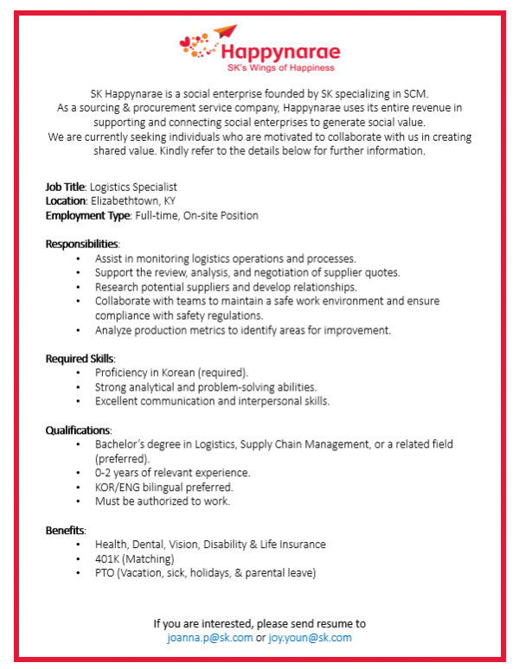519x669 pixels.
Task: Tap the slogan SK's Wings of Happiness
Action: click(x=279, y=67)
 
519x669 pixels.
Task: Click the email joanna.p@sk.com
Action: click(x=210, y=638)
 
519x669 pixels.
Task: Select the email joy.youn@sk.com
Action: click(x=310, y=638)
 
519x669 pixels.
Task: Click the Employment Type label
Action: click(x=87, y=215)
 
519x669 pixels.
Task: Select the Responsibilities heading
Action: click(x=82, y=244)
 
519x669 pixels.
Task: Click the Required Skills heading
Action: click(x=80, y=358)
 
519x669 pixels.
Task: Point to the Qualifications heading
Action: click(x=78, y=430)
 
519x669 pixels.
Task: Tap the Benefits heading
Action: click(x=66, y=530)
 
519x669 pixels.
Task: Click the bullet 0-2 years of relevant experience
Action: click(x=172, y=473)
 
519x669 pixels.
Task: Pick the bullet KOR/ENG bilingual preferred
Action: click(x=163, y=487)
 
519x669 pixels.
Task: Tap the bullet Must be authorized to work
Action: click(x=163, y=501)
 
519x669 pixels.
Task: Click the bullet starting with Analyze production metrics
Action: click(x=243, y=329)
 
